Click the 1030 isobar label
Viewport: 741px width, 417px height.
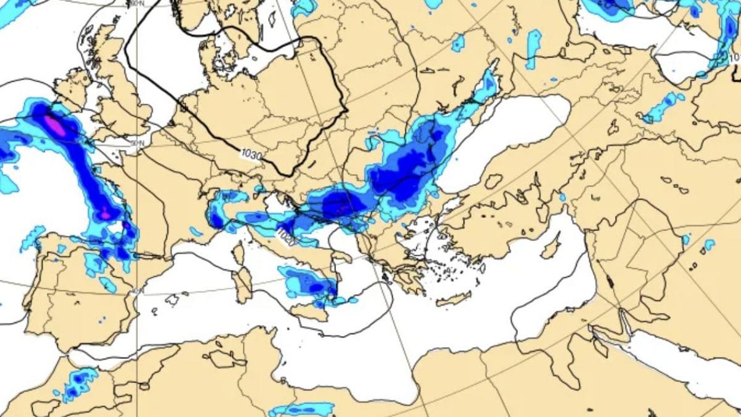click(251, 154)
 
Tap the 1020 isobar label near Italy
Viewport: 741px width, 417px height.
click(285, 235)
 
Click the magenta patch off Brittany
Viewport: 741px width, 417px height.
click(54, 124)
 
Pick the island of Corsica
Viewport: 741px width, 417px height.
click(238, 253)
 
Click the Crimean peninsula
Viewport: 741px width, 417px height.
click(493, 181)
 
